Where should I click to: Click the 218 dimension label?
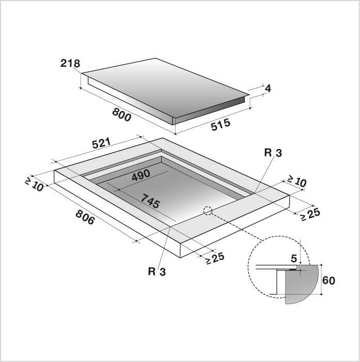point(70,63)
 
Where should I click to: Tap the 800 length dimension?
point(122,115)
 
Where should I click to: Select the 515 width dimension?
point(221,125)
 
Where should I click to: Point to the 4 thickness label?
point(268,88)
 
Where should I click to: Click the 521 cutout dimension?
point(102,143)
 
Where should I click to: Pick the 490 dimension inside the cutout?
point(141,175)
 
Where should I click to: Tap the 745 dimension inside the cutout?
point(150,201)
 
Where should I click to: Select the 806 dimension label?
point(85,217)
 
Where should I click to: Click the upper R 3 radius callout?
point(273,153)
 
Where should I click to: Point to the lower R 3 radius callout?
point(157,271)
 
